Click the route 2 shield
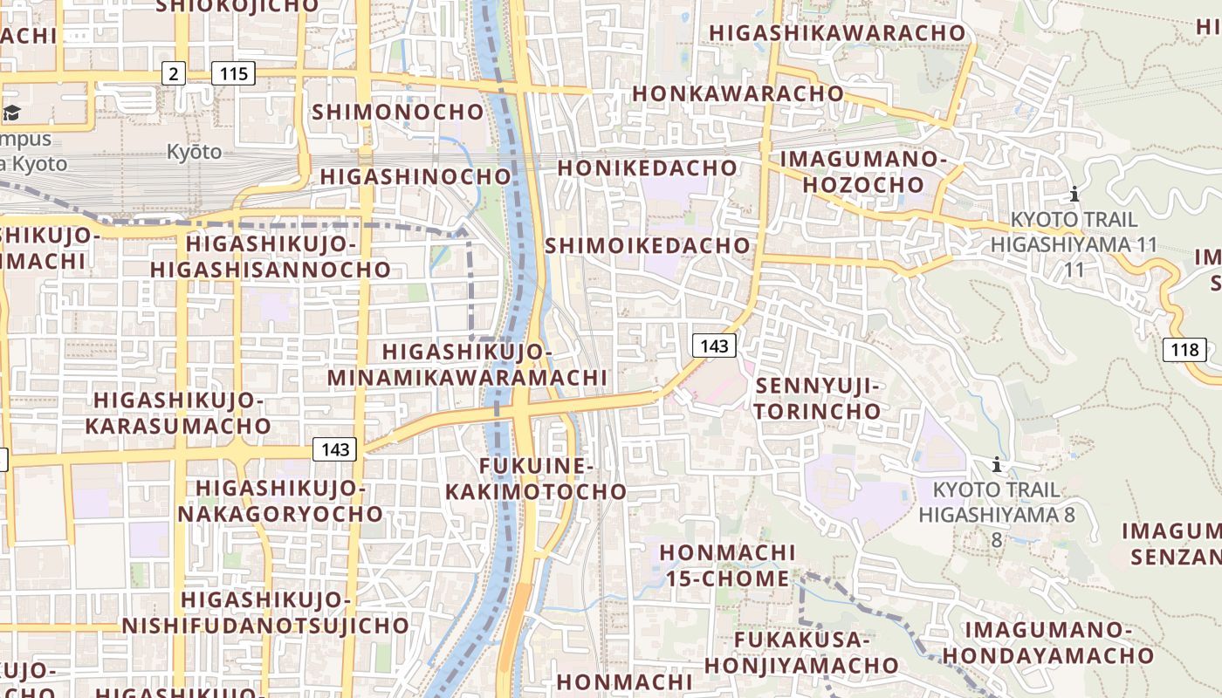coord(174,73)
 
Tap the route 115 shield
coord(234,73)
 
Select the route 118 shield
coord(1184,351)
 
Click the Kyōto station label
coord(195,152)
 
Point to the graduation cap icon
coord(11,113)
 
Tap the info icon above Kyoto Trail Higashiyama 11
coord(1074,194)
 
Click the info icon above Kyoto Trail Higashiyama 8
coord(996,464)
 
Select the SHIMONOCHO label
coord(398,112)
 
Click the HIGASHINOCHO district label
coord(415,176)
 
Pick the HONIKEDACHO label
coord(648,168)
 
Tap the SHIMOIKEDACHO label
coord(648,246)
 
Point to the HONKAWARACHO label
coord(738,93)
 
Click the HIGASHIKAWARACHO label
coord(838,33)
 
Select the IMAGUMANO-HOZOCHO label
coord(862,172)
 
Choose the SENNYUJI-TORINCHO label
coord(820,398)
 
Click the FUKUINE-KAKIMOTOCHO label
coord(536,479)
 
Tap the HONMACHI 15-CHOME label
coord(727,565)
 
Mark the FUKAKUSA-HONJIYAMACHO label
coord(801,652)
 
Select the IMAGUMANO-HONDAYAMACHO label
coord(1048,642)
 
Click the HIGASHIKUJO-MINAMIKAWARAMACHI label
coord(467,365)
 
